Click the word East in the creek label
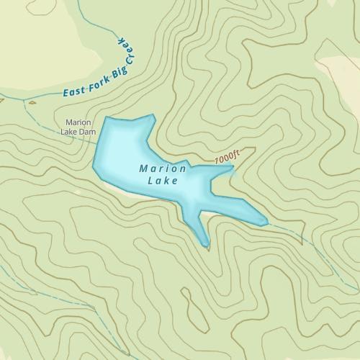click(74, 91)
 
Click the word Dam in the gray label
click(87, 132)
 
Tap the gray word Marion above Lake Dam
click(79, 122)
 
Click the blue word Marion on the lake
click(163, 168)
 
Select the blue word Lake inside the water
click(162, 181)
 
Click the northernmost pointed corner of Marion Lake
click(153, 114)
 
